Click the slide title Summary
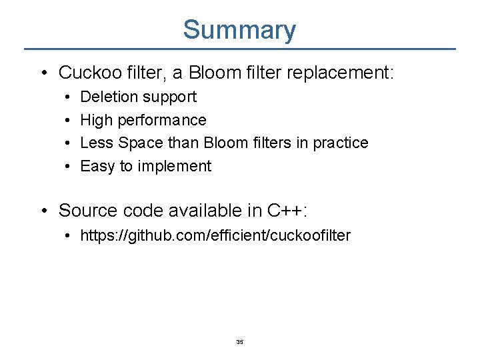coord(239,30)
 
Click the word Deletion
coord(107,97)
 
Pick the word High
coord(96,120)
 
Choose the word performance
coord(162,121)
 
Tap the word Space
coord(136,143)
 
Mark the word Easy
coord(97,167)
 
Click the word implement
coord(174,167)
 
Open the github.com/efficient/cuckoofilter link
coord(215,235)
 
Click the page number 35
coord(240,342)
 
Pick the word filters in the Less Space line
coord(273,143)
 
